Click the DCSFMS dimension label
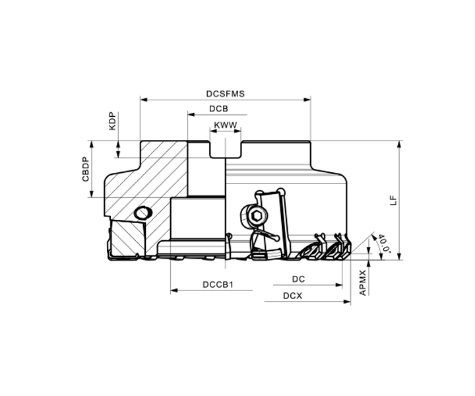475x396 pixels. [x=226, y=94]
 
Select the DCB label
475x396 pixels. [x=218, y=109]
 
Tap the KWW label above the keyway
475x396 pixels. [x=226, y=125]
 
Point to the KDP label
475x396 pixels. [x=113, y=121]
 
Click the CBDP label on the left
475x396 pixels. [x=86, y=169]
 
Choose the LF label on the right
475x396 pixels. [x=393, y=201]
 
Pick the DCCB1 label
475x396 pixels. [x=218, y=285]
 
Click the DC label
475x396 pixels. [x=298, y=279]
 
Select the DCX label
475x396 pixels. [x=293, y=296]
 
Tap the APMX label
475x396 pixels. [x=363, y=282]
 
